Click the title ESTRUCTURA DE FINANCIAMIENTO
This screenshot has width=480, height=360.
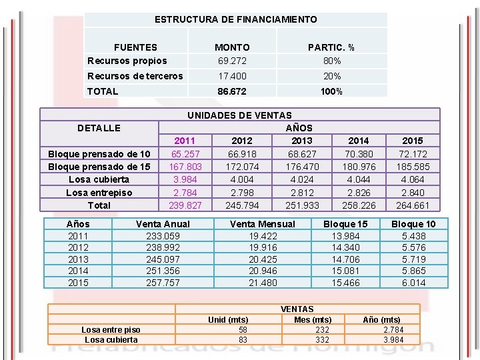(235, 20)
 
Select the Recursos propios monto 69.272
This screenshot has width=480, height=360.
(232, 61)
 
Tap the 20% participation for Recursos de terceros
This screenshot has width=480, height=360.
(332, 77)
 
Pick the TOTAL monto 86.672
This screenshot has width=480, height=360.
(232, 91)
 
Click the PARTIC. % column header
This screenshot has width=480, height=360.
(331, 47)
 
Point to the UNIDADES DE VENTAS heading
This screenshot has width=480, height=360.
(239, 115)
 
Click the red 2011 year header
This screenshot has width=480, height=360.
(184, 141)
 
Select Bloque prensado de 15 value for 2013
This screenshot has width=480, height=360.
(302, 167)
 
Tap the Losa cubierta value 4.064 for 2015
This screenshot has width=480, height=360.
(412, 179)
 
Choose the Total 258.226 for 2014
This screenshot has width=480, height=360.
(359, 205)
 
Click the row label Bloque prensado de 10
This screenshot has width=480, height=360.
(99, 154)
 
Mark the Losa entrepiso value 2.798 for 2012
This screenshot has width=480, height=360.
(241, 193)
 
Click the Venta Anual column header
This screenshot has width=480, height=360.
(163, 224)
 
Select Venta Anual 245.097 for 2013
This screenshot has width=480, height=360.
(163, 259)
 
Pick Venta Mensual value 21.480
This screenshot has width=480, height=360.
(262, 283)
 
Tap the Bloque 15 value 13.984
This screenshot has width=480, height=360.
(345, 236)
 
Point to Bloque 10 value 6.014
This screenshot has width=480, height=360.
(413, 283)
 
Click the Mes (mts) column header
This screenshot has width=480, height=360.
(313, 320)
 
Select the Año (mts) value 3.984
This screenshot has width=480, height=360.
(393, 340)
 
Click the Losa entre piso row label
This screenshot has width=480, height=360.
(111, 329)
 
